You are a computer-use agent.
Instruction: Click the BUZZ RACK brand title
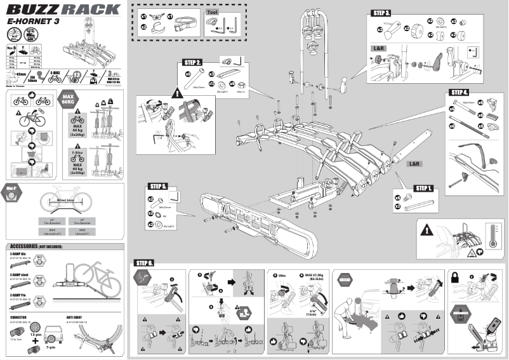(63, 10)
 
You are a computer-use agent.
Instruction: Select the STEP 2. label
(193, 62)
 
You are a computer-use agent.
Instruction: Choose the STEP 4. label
(458, 92)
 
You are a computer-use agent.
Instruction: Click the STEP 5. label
(158, 187)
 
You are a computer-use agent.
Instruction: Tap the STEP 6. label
(144, 263)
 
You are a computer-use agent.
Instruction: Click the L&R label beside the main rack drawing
(414, 164)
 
